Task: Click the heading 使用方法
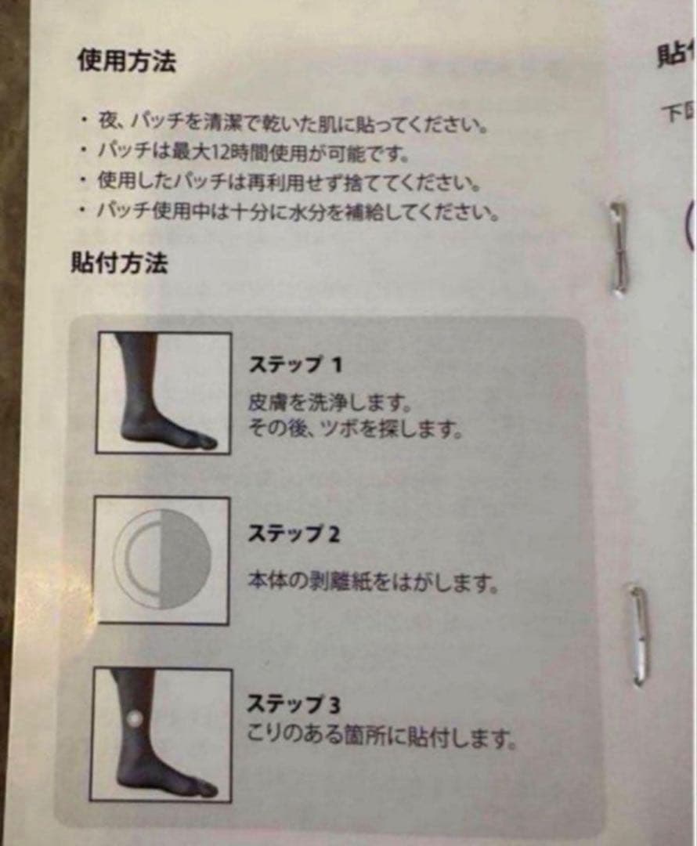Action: [x=125, y=61]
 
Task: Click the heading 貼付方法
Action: [x=118, y=262]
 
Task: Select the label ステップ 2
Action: [x=294, y=534]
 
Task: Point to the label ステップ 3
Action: [x=294, y=703]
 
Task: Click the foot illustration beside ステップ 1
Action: [x=164, y=392]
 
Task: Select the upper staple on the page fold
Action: [x=619, y=248]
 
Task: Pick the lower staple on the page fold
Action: [x=639, y=635]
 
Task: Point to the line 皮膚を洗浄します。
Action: [x=329, y=403]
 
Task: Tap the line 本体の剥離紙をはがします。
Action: [x=372, y=583]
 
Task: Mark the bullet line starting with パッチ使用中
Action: [x=298, y=211]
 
